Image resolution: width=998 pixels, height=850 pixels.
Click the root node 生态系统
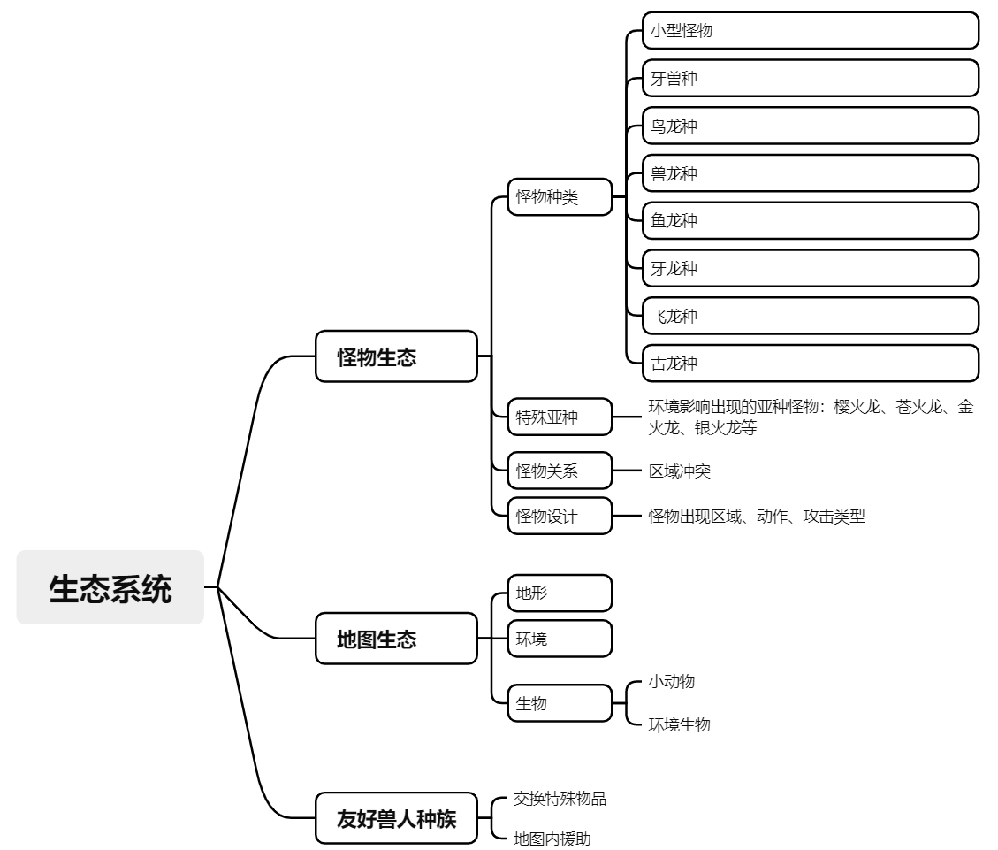(x=110, y=587)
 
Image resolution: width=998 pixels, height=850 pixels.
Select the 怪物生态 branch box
(x=396, y=356)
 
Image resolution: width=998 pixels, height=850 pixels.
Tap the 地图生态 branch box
(x=396, y=639)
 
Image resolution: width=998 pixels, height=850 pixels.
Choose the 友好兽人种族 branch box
(x=396, y=818)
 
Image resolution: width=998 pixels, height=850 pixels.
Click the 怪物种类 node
(x=560, y=197)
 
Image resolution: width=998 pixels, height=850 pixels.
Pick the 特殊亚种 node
(x=560, y=417)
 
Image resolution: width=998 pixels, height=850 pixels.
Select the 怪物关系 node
(x=560, y=471)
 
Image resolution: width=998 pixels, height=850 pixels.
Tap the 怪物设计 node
(x=560, y=517)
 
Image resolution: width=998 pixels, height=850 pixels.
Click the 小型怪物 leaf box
(x=811, y=31)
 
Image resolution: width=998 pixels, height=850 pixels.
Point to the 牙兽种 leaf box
(x=811, y=79)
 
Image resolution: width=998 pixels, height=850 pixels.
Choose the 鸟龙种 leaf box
(x=811, y=126)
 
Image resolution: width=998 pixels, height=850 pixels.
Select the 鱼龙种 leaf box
(x=811, y=220)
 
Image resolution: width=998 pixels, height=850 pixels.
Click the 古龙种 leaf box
(x=811, y=363)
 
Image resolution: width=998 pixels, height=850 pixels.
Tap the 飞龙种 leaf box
(x=811, y=315)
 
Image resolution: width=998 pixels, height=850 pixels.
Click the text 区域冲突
(x=679, y=471)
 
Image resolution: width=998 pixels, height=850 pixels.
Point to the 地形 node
(x=560, y=593)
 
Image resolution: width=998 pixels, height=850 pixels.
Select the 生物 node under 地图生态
(x=560, y=703)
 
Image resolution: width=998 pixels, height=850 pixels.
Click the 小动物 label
(x=671, y=681)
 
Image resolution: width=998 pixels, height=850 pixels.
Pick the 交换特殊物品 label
(x=560, y=799)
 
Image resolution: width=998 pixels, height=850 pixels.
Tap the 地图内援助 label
(x=552, y=839)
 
